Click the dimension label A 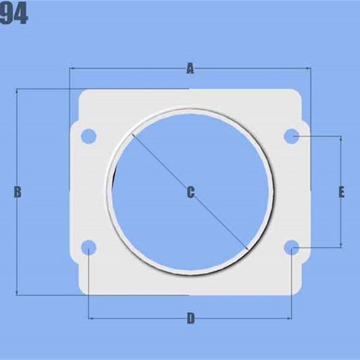coord(190,68)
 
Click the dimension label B coord(18,192)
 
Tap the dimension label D coord(191,319)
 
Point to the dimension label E coord(341,192)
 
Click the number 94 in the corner coord(14,16)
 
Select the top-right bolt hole coord(292,136)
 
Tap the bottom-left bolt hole coord(89,247)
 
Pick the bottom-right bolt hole coord(292,247)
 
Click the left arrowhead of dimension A coord(72,68)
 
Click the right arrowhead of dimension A coord(309,68)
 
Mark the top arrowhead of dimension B coord(18,91)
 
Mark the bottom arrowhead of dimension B coord(18,293)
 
